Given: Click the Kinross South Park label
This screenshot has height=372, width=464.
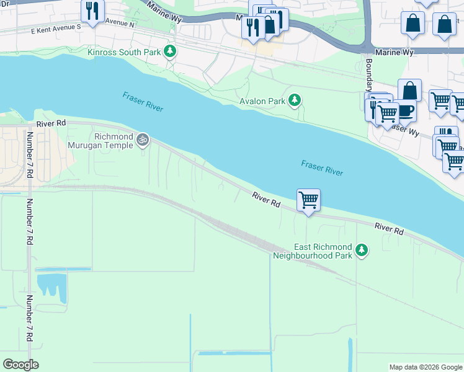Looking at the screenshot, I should pos(124,51).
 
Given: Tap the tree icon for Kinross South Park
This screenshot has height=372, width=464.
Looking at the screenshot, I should pos(170,51).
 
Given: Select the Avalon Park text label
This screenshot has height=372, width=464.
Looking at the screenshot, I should pos(263,101).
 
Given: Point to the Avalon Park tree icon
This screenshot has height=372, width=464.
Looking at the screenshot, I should pos(296,100).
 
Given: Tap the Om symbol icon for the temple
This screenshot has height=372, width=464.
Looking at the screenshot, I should pos(143,140).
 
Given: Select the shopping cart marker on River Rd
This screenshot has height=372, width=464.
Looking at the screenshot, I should pos(308,200).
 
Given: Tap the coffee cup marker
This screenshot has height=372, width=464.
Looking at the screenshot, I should pos(405,110).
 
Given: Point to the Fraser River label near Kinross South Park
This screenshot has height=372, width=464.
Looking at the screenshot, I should pos(143,102).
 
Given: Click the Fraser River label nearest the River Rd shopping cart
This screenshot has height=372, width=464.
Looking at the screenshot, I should pos(322,167).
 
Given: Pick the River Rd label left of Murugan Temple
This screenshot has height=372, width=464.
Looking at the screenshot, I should pos(51,123).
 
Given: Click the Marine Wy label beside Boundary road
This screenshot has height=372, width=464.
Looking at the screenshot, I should pos(395,53).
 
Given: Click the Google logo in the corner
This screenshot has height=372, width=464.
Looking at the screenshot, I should pos(20,365).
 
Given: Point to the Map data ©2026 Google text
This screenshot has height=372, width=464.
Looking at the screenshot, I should pos(425,367).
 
